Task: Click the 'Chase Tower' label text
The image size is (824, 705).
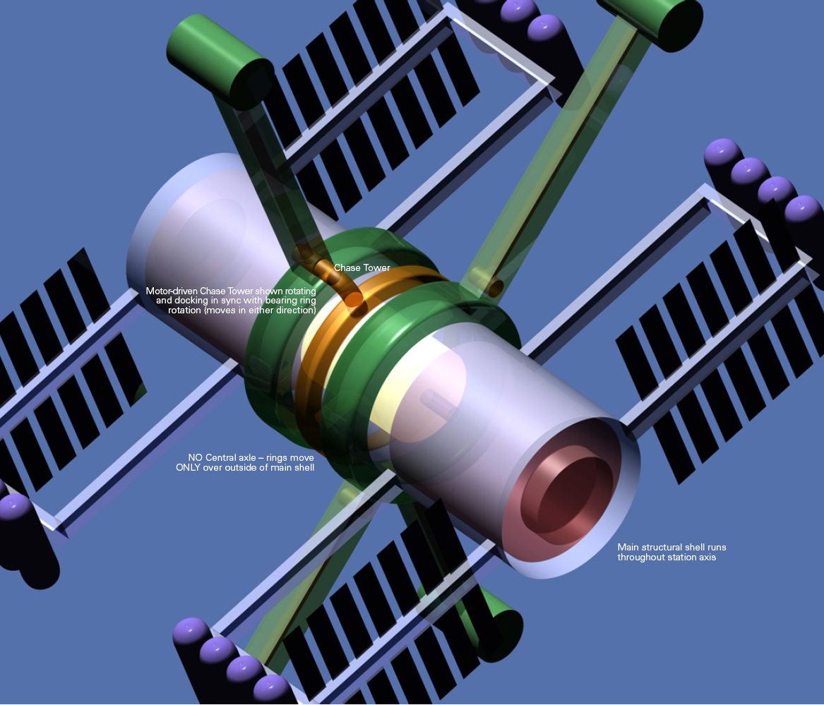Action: pos(362,268)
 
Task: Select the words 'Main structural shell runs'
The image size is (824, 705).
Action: pos(671,548)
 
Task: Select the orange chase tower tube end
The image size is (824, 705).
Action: pos(353,299)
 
